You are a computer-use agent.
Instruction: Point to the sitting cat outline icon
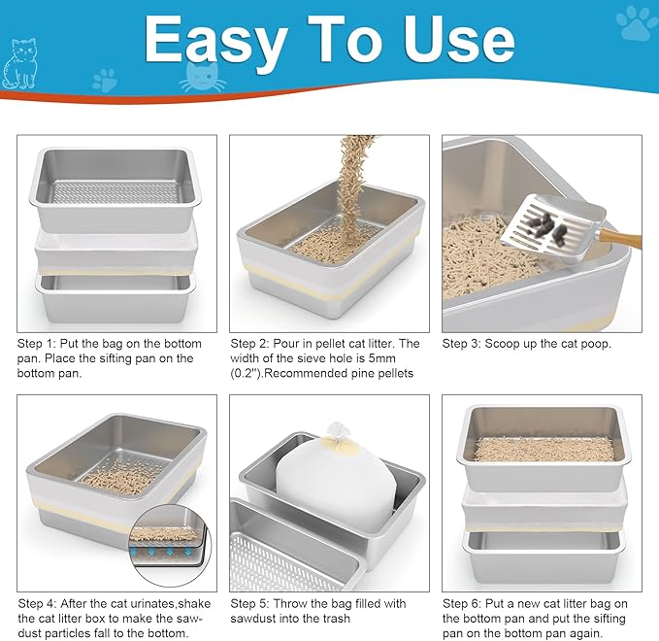point(23,63)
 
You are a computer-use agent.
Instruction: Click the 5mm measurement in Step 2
point(381,358)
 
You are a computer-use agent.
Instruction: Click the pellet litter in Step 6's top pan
point(544,449)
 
